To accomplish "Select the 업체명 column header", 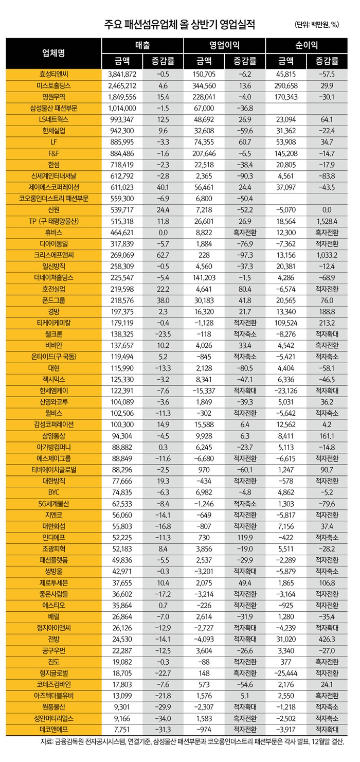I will coord(54,53).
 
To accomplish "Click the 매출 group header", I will coord(142,45).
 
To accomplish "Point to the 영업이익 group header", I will coord(224,45).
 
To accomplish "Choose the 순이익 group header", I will coord(307,45).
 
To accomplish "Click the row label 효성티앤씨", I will coord(54,74).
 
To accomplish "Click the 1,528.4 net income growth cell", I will coord(327,220).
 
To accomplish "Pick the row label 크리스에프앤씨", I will coord(54,254).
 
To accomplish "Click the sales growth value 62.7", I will coord(163,254).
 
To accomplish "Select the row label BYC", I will coord(54,492).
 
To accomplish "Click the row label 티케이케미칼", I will coord(54,322).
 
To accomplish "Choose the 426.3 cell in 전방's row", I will coord(327,639).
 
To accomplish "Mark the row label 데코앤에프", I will coord(54,730).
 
